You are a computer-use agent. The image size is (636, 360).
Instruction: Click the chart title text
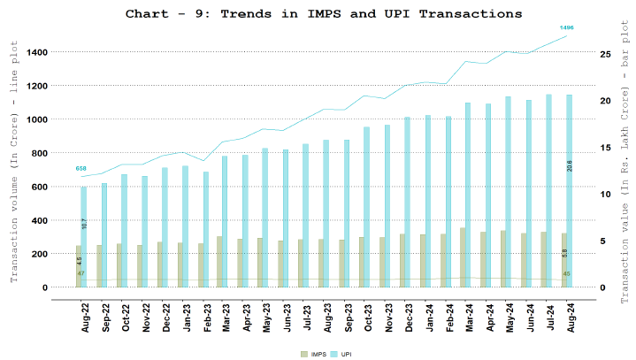[324, 14]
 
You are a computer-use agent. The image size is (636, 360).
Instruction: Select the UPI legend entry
[343, 354]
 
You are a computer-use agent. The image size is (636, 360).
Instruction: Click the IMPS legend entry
[314, 354]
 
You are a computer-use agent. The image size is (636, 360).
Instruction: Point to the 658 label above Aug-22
[81, 168]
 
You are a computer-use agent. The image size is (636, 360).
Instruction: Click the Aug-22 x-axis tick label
[86, 317]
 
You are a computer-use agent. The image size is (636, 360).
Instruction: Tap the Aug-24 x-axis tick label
[570, 317]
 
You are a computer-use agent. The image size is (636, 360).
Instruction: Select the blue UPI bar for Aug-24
[569, 190]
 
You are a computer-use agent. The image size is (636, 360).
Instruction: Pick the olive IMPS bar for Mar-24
[462, 257]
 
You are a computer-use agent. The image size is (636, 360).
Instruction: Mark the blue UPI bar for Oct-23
[366, 207]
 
